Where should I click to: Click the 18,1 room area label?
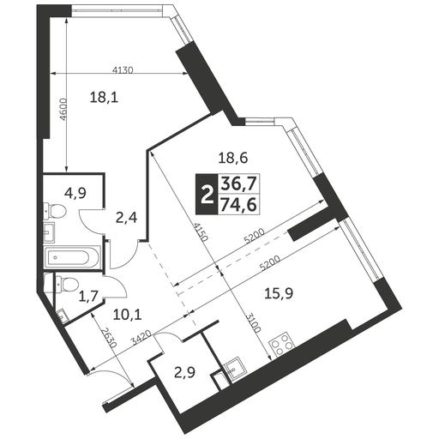(104, 98)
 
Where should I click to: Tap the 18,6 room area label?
(233, 158)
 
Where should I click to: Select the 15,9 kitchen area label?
(279, 293)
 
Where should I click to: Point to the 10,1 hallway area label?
(128, 315)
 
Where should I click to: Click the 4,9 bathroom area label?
(75, 194)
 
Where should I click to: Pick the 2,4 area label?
(127, 218)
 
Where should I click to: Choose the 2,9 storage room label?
(184, 373)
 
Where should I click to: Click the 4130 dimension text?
(123, 69)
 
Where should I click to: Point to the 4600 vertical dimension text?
(63, 110)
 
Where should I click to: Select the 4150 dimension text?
(199, 232)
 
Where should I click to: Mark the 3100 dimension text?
(254, 323)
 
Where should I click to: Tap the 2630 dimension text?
(109, 338)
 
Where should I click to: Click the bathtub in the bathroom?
(72, 257)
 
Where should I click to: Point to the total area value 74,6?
(239, 205)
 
